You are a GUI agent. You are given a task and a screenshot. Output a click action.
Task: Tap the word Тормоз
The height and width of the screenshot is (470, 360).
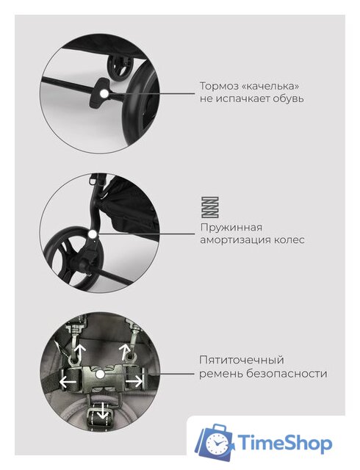tap(218, 87)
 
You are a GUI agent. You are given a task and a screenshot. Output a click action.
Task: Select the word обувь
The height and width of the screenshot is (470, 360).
tap(288, 98)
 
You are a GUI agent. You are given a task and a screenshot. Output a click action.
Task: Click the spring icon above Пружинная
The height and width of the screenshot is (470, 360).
tap(209, 207)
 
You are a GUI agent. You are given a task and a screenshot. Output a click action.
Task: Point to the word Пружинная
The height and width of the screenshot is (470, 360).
tap(231, 228)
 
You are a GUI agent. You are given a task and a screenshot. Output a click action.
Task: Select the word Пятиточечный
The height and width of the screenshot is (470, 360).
tap(242, 360)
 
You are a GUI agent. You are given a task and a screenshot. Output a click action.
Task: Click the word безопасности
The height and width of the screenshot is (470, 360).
tap(287, 374)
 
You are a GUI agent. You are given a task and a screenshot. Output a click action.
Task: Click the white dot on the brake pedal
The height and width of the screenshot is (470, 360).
tap(104, 93)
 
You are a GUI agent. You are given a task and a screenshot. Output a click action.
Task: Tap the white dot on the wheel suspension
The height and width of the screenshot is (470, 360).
tap(93, 234)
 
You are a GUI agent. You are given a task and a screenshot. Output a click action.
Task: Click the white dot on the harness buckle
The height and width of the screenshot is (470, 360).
tap(100, 374)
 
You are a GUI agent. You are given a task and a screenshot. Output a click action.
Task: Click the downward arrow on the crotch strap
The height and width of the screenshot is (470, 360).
tap(103, 411)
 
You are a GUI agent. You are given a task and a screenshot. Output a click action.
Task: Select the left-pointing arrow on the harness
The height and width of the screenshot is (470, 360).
tap(68, 382)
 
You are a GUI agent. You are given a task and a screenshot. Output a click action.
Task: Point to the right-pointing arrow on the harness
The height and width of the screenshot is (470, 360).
tap(134, 382)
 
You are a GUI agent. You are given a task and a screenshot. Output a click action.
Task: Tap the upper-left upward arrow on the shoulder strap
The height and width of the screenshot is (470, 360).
tap(79, 353)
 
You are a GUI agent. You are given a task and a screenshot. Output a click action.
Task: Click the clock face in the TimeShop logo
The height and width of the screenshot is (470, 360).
tap(216, 444)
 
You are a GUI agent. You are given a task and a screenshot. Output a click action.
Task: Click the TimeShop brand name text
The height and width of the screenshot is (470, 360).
tap(285, 444)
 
